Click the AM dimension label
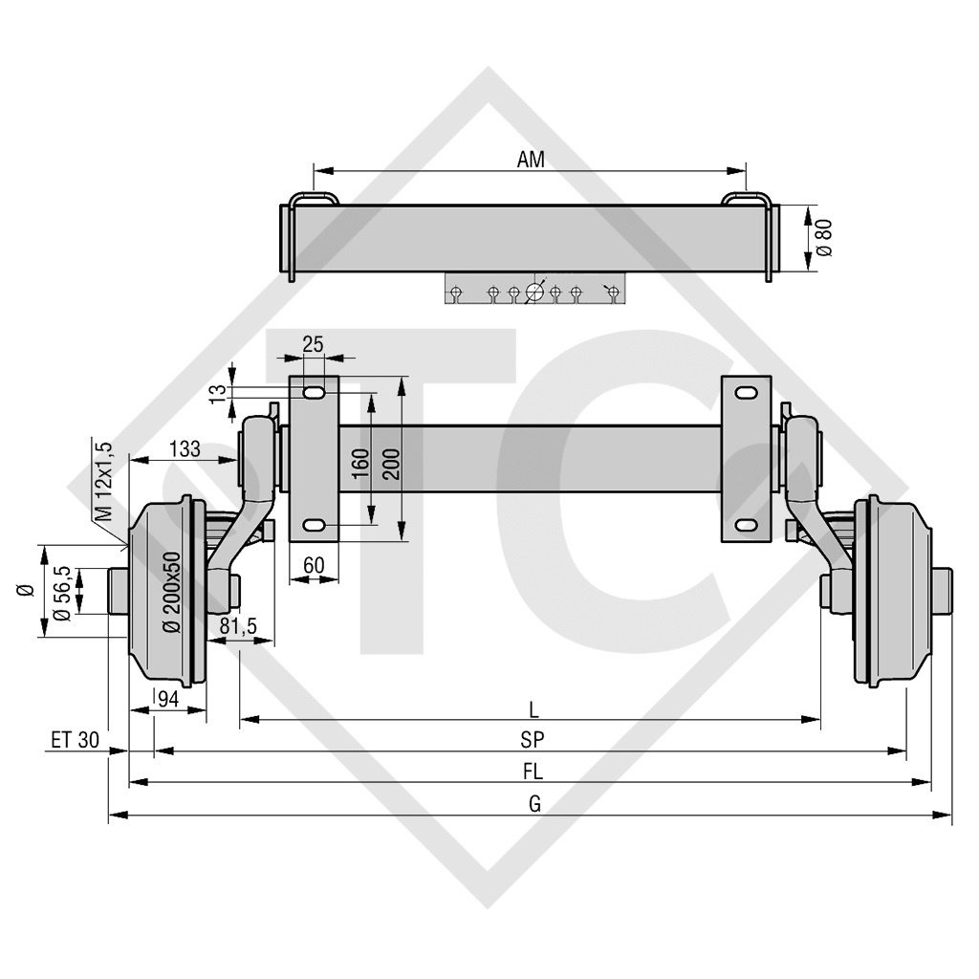pos(531,160)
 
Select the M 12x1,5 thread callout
pos(106,481)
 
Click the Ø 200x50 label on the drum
pos(173,592)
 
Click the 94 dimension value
pos(167,699)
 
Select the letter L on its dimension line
pos(533,708)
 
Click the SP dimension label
pos(533,740)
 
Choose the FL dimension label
pos(533,772)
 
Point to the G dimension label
pos(533,803)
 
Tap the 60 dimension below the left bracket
pos(314,565)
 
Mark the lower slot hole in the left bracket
pos(315,525)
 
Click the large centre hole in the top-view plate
pos(533,293)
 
